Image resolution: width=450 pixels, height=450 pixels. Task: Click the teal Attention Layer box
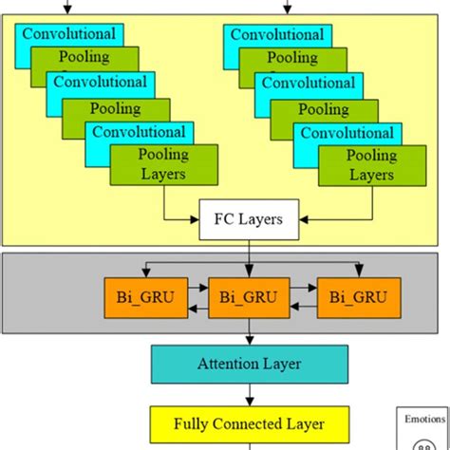coord(250,362)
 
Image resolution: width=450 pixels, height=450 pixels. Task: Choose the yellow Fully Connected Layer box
coord(250,423)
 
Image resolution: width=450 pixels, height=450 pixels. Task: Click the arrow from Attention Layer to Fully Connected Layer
coord(250,392)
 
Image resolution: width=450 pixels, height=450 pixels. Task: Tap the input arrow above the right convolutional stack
coord(286,8)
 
